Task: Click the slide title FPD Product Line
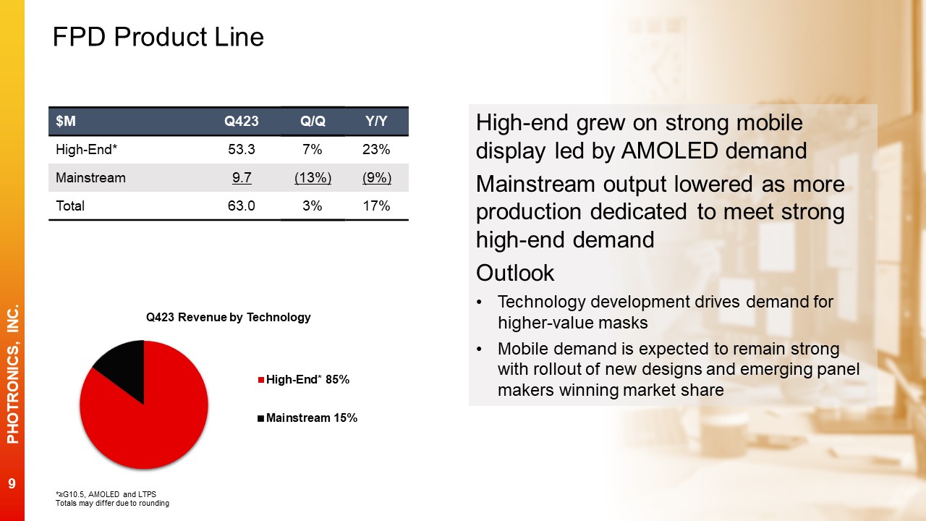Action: pos(158,37)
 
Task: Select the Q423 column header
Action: pos(242,121)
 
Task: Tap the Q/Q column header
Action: pos(313,121)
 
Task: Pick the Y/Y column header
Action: pos(376,121)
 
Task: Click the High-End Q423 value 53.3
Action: pos(242,149)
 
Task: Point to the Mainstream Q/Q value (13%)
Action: pos(313,178)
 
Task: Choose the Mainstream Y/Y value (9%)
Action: pos(377,178)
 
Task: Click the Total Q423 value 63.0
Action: pos(242,206)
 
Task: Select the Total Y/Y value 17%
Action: pos(376,206)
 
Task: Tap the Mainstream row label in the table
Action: pos(90,178)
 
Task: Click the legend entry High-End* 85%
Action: pos(304,380)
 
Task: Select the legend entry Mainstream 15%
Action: pos(307,418)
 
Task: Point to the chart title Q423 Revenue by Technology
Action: pos(228,317)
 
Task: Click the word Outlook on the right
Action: pos(515,273)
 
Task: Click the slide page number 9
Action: pos(12,483)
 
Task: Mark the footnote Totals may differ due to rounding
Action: pos(112,503)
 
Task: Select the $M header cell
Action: pos(66,121)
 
